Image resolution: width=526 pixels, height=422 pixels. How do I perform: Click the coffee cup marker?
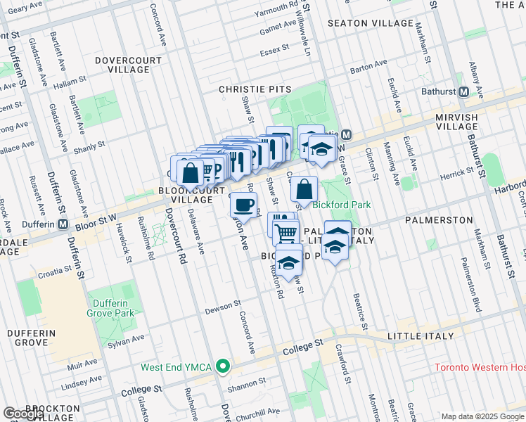pyautogui.click(x=243, y=205)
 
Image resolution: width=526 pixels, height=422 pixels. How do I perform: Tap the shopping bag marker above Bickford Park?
pyautogui.click(x=304, y=188)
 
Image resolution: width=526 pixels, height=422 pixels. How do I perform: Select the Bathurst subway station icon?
pyautogui.click(x=463, y=92)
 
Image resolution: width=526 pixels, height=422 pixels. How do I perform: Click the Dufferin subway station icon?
pyautogui.click(x=63, y=224)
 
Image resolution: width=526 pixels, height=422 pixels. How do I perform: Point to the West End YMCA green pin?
pyautogui.click(x=223, y=366)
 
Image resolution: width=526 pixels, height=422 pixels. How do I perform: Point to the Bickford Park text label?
pyautogui.click(x=341, y=205)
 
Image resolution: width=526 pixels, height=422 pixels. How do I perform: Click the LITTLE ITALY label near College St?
pyautogui.click(x=421, y=336)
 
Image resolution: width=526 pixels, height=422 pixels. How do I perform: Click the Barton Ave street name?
pyautogui.click(x=368, y=66)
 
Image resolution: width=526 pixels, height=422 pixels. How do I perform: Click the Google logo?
pyautogui.click(x=24, y=414)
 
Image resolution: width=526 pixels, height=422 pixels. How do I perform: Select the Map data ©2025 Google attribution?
pyautogui.click(x=482, y=416)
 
